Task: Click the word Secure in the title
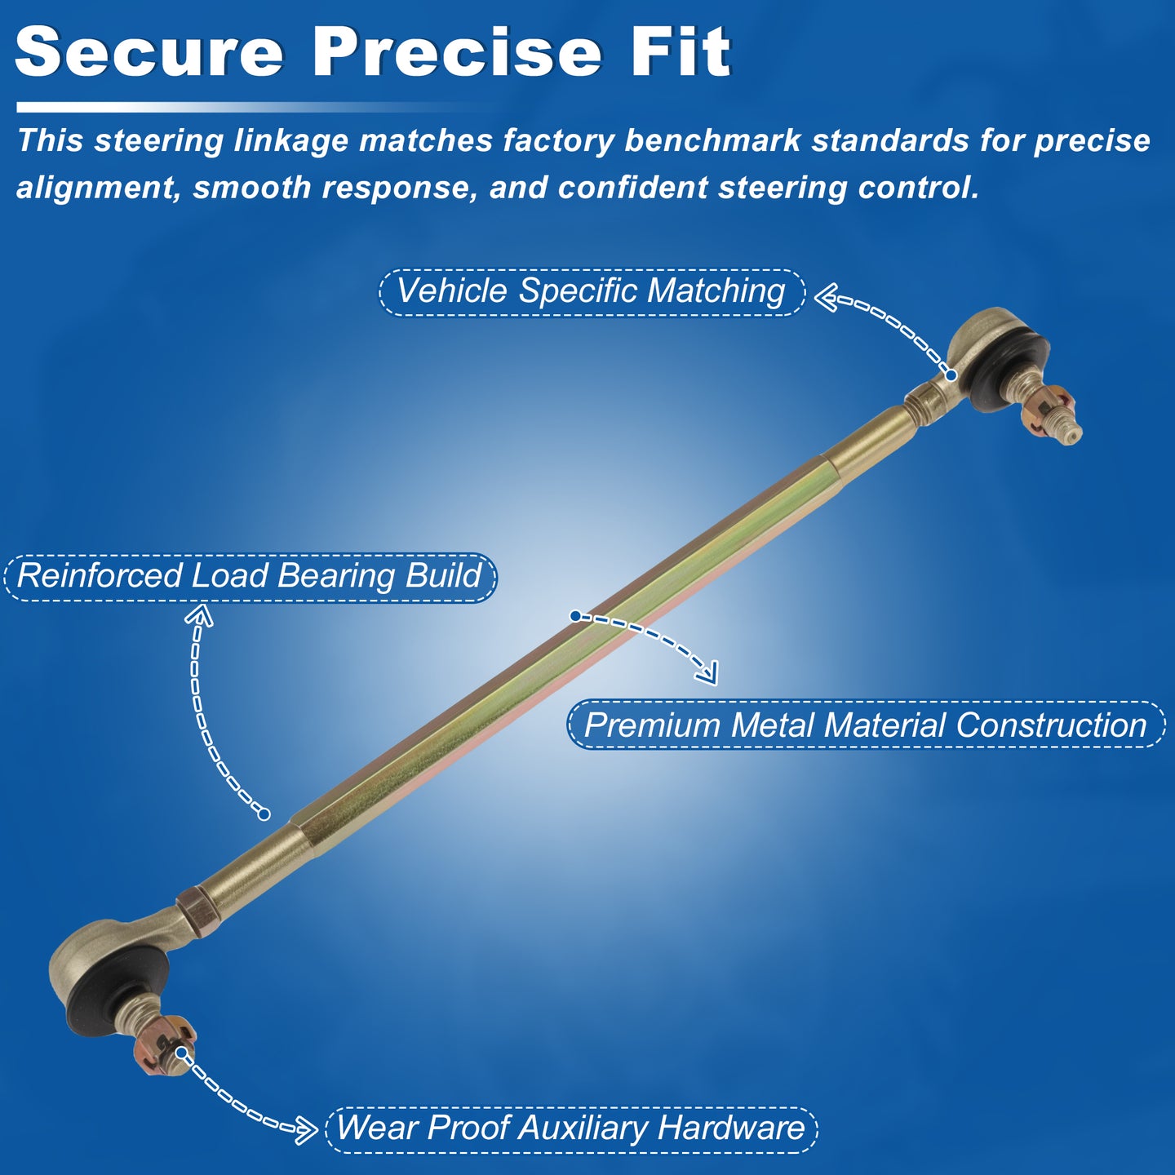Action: point(149,52)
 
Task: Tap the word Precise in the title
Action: point(457,52)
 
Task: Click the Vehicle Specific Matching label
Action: point(592,291)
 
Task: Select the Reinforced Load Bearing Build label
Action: point(250,577)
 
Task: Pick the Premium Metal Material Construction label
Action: point(866,725)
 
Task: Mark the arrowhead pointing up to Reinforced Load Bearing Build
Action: point(199,614)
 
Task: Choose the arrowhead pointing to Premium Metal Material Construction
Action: point(707,672)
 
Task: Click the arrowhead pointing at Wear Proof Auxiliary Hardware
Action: point(305,1130)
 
